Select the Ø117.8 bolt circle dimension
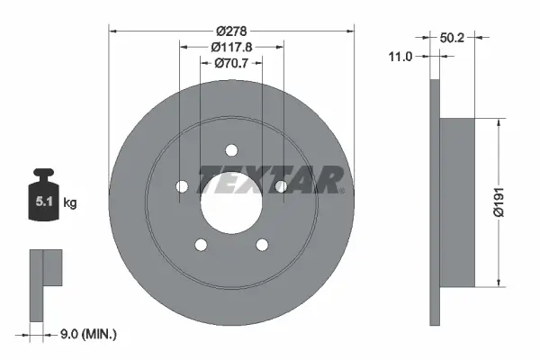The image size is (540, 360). tap(231, 47)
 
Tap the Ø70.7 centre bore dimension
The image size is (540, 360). tap(231, 63)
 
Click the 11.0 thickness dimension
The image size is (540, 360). tap(400, 56)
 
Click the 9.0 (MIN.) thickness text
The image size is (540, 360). tap(87, 335)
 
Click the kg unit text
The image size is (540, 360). tap(70, 203)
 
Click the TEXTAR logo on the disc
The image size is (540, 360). tap(271, 179)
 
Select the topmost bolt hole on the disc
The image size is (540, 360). tap(230, 149)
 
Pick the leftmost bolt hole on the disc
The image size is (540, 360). tap(181, 186)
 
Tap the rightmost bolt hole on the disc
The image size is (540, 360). tap(281, 186)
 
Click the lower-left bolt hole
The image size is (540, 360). tap(200, 244)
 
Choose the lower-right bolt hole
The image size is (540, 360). tap(262, 244)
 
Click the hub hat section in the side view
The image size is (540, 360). tap(457, 202)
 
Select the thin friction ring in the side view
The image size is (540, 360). tap(436, 202)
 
